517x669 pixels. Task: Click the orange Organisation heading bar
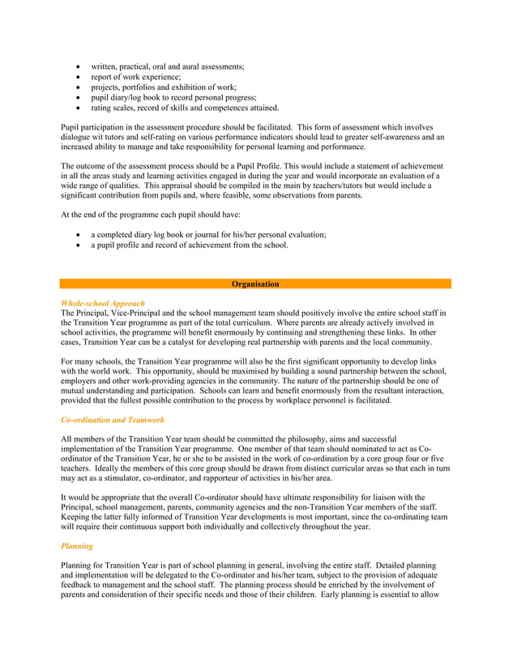[x=255, y=284]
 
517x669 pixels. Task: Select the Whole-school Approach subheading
[x=103, y=303]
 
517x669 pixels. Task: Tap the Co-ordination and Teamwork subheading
[x=113, y=420]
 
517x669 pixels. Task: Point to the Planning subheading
[x=77, y=546]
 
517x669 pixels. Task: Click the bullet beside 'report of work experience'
[x=77, y=76]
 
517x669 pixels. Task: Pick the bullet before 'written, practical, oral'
[x=77, y=66]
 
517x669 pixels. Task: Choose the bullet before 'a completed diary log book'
[x=77, y=234]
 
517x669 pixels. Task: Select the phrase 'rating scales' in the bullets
[x=113, y=108]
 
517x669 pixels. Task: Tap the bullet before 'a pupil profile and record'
[x=77, y=245]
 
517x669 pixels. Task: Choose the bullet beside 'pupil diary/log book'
[x=77, y=97]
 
